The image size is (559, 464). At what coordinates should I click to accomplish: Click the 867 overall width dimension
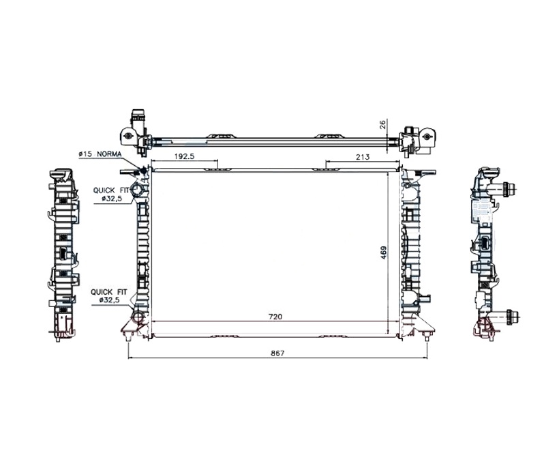click(277, 353)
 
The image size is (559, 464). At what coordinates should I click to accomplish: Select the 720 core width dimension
click(275, 317)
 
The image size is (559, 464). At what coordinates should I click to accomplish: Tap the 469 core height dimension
click(384, 252)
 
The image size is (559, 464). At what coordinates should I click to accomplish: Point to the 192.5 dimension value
click(184, 156)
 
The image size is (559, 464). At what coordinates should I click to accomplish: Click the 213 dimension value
click(363, 156)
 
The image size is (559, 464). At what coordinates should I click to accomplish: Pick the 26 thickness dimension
click(382, 125)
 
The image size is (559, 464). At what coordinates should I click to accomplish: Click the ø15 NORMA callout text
click(100, 154)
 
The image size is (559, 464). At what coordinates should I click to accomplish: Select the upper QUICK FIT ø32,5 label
click(111, 194)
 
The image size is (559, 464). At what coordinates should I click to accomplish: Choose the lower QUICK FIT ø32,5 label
click(109, 296)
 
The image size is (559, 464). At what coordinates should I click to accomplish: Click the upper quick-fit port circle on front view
click(137, 190)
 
